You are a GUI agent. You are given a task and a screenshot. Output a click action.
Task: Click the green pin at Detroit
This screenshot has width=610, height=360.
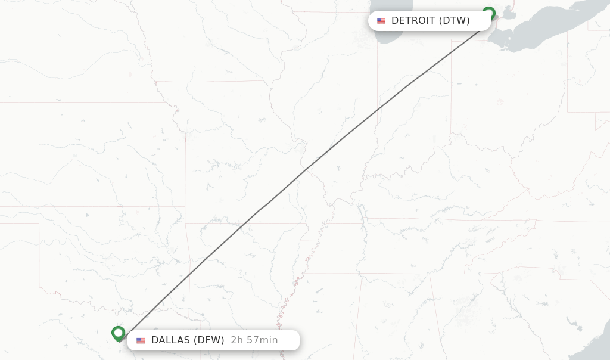[x=488, y=13]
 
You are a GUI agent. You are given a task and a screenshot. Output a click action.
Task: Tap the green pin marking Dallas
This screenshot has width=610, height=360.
[x=119, y=333]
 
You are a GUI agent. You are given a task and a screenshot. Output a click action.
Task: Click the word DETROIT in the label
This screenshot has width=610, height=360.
[x=413, y=21]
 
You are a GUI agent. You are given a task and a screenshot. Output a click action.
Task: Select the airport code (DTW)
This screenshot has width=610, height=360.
[x=455, y=21]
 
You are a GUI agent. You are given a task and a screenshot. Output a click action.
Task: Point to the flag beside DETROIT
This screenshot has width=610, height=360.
[x=381, y=21]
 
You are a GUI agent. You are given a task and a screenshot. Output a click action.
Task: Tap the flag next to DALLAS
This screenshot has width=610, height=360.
[x=141, y=341]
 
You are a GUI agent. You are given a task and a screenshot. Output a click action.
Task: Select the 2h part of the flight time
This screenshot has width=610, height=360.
[x=237, y=340]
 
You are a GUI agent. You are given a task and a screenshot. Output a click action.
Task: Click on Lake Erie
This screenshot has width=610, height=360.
[x=536, y=30]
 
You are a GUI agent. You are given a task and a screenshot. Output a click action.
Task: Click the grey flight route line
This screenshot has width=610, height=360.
[x=334, y=145]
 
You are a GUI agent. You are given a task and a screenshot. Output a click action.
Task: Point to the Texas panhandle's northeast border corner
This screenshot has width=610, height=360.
[x=39, y=224]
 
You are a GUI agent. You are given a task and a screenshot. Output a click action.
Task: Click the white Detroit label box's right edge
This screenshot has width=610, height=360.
[x=491, y=21]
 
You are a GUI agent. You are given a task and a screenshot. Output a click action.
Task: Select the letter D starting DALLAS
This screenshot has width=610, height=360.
[x=155, y=340]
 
